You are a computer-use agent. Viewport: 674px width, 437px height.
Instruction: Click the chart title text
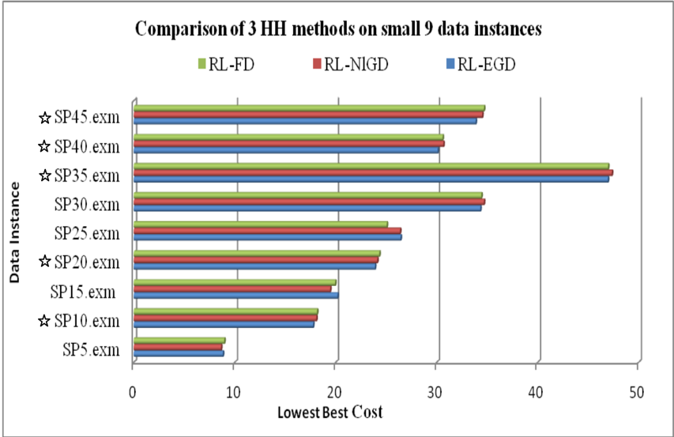(338, 29)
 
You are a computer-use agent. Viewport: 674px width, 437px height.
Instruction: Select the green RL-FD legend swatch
(201, 64)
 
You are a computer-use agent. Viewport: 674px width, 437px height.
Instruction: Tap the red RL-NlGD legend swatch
(317, 64)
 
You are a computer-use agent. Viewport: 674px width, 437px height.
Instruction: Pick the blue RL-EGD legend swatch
(450, 64)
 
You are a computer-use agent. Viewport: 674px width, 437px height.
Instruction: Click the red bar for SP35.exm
(373, 173)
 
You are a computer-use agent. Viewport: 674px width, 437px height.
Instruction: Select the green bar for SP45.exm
(309, 108)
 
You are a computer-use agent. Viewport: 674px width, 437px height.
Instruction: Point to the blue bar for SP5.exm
(179, 353)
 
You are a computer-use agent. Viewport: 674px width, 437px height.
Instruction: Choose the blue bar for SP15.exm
(236, 296)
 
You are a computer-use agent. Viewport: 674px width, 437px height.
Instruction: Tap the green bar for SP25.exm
(261, 224)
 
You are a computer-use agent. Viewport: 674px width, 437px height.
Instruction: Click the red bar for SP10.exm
(225, 318)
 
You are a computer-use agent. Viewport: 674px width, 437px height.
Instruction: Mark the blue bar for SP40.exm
(286, 150)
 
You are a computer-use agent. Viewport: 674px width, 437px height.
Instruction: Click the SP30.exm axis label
(87, 205)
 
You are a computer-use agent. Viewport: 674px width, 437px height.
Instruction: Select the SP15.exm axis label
(83, 292)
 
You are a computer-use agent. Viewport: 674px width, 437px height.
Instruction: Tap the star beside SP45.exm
(45, 118)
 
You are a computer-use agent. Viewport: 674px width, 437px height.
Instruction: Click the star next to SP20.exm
(45, 262)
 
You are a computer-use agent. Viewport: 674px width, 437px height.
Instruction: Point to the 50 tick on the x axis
(637, 392)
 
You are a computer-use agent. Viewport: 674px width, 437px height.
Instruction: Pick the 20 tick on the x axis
(334, 392)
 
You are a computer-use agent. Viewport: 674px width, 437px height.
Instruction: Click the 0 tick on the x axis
(133, 392)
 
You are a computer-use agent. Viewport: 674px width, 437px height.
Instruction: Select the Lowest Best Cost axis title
(329, 413)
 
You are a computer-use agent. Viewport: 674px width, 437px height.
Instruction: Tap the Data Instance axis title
(14, 232)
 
